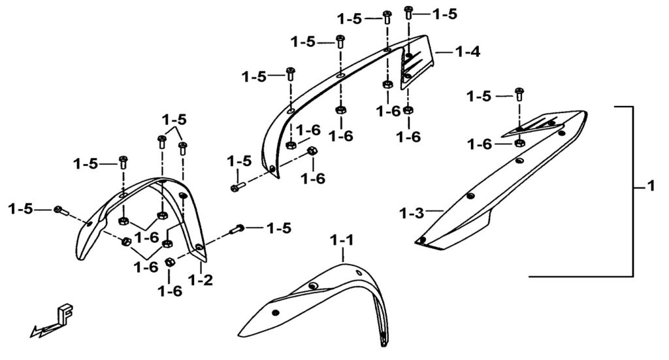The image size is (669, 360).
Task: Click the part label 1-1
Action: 342,240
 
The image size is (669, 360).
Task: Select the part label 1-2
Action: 201,281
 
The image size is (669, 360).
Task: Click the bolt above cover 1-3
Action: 519,93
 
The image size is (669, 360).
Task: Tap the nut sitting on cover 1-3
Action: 519,143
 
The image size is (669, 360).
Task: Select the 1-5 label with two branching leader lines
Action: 174,120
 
